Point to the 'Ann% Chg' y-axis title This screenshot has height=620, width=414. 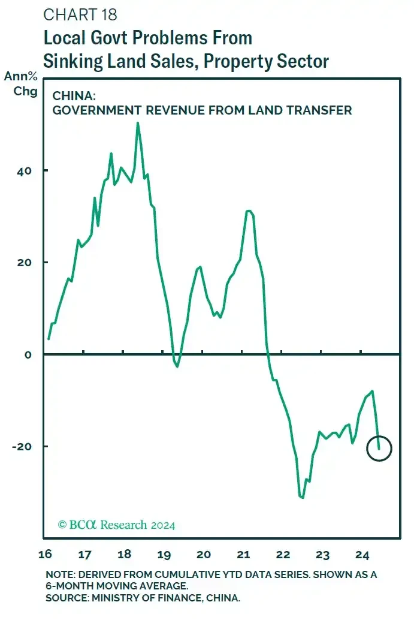click(x=21, y=84)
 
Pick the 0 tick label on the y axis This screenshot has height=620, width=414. click(x=28, y=354)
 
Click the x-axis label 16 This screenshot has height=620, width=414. click(x=44, y=553)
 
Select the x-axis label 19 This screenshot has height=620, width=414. click(x=164, y=553)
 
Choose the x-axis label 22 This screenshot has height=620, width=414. click(x=283, y=553)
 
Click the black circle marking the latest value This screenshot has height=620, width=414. click(x=379, y=449)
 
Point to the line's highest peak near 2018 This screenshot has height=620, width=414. click(x=138, y=124)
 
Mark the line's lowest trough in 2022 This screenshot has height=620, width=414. click(x=303, y=497)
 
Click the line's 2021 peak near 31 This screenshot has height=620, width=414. click(x=248, y=211)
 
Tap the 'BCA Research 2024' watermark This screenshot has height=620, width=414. click(x=116, y=525)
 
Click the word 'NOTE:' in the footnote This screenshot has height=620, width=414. click(x=61, y=574)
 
